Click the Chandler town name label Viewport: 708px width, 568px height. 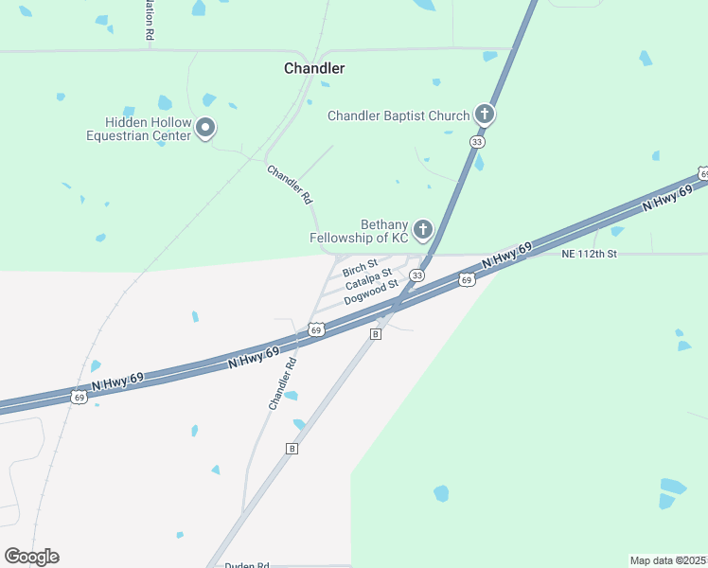[x=314, y=68]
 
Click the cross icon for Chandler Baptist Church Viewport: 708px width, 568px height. [x=484, y=115]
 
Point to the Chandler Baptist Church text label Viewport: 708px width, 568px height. [x=398, y=116]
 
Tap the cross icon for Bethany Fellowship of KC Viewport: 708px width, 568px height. [x=422, y=229]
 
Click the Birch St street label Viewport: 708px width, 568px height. [x=360, y=267]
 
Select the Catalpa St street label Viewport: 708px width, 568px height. [x=367, y=279]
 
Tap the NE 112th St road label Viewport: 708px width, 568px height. [x=589, y=254]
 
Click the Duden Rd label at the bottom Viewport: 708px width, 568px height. [x=247, y=565]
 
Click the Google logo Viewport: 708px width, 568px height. [x=31, y=557]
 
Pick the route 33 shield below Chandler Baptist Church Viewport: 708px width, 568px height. [x=478, y=142]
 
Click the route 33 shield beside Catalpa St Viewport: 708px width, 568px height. [x=416, y=275]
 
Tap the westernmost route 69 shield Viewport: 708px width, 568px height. [x=80, y=398]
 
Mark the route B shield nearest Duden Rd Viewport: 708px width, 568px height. [x=292, y=448]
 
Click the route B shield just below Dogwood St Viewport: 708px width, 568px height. [x=376, y=334]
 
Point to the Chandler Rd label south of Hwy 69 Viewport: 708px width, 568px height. [x=282, y=382]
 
